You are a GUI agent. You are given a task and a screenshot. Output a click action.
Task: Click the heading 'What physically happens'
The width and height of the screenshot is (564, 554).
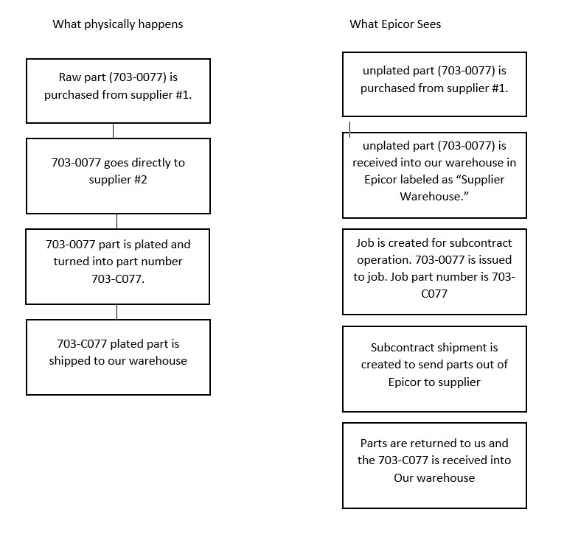[x=118, y=24]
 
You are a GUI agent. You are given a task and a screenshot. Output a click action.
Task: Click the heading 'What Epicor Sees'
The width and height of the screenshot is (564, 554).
[x=395, y=24]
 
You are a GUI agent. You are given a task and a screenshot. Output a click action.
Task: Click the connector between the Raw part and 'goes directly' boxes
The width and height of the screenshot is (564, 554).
[x=114, y=131]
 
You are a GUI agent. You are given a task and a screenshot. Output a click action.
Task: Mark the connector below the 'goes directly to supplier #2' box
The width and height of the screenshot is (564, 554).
[x=117, y=222]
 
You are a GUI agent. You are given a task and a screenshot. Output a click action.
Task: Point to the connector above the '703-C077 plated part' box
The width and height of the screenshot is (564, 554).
[x=117, y=312]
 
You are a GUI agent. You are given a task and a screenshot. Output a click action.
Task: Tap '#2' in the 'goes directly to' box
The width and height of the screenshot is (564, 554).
[x=141, y=180]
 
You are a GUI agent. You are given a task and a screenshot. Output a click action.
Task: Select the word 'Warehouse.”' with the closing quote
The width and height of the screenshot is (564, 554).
[x=434, y=196]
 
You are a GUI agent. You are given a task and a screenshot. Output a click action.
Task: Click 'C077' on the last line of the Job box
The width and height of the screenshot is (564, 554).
[x=434, y=294]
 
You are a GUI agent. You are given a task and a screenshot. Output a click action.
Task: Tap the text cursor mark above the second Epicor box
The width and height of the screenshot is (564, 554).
[x=349, y=130]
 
